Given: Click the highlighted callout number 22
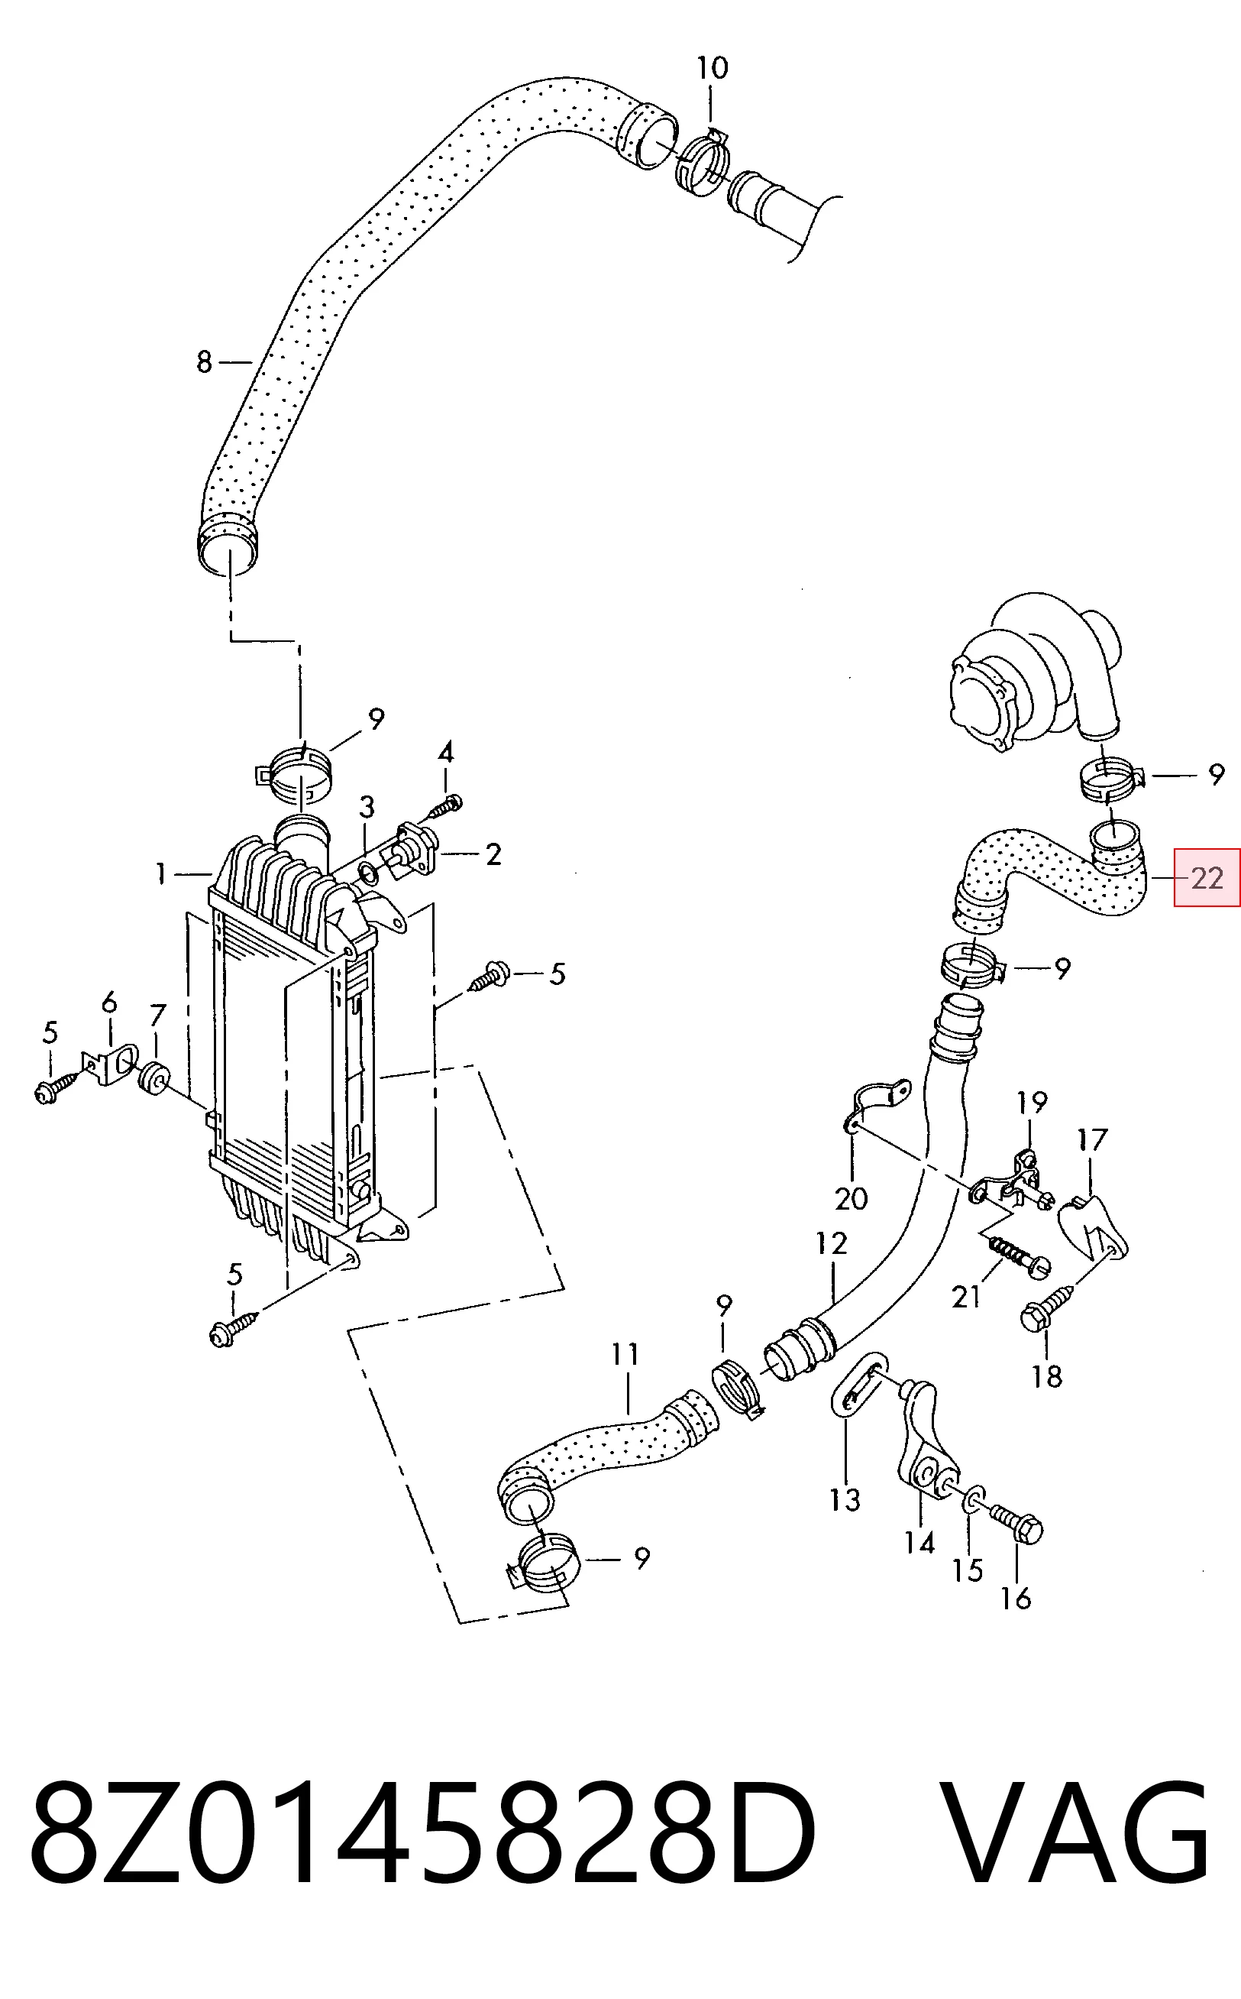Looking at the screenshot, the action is click(x=1207, y=878).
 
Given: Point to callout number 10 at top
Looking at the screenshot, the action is click(x=713, y=67).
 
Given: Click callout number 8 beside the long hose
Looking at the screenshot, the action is click(x=205, y=361).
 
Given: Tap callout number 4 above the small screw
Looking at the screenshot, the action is click(x=446, y=751).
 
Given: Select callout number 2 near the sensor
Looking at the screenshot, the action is click(x=493, y=854).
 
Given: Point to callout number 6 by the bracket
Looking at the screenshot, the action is click(x=109, y=1003).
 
